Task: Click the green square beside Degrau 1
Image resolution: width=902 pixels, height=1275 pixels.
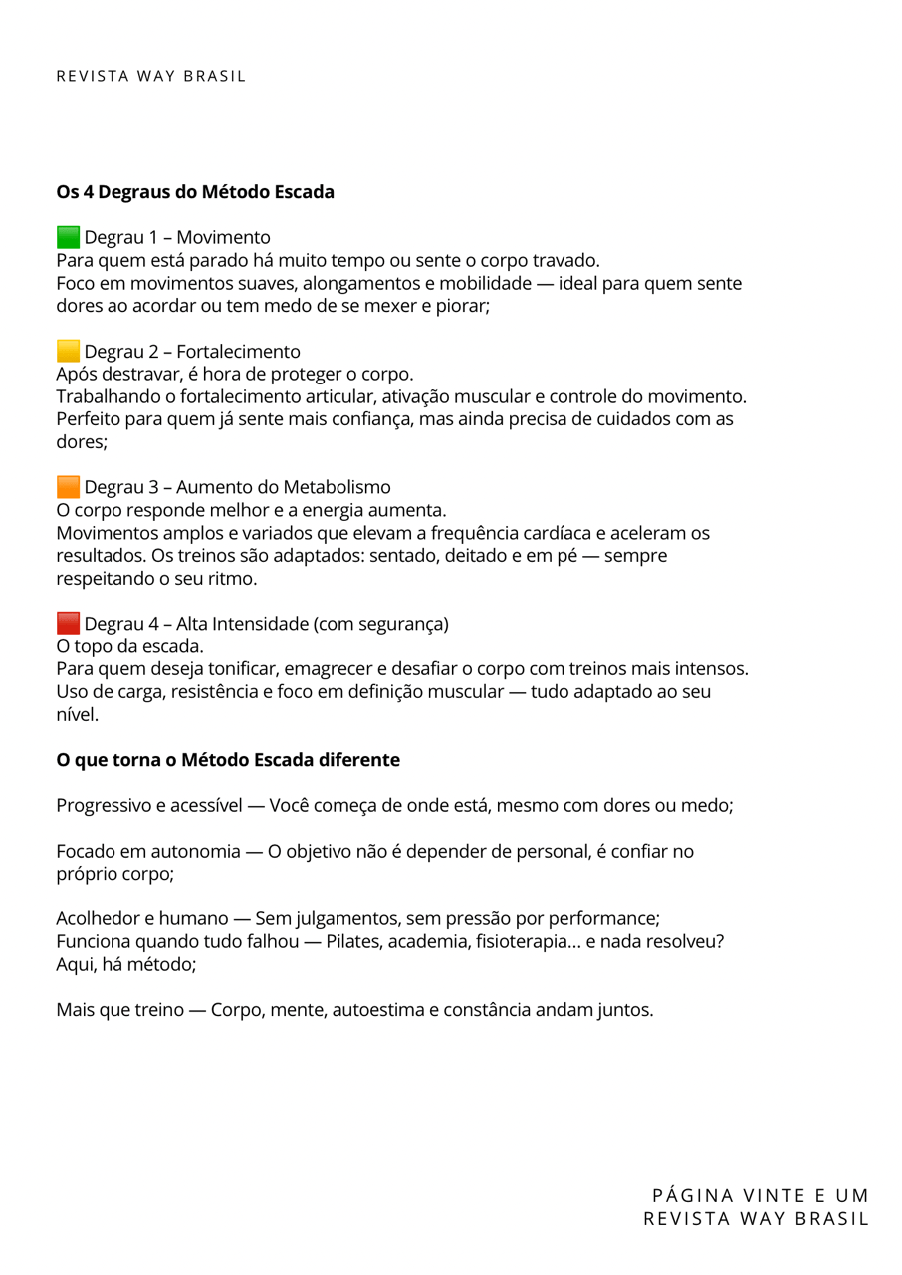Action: (x=68, y=237)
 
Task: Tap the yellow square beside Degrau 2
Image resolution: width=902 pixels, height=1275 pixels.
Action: (x=68, y=351)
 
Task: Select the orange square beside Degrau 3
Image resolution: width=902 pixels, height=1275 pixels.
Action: (x=68, y=487)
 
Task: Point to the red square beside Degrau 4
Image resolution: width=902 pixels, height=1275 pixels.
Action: (x=68, y=624)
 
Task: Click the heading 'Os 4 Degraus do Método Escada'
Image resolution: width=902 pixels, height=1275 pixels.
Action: (x=195, y=191)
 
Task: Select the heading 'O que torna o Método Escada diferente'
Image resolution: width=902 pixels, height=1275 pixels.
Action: (x=228, y=760)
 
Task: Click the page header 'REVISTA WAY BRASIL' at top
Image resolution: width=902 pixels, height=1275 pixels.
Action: (x=151, y=76)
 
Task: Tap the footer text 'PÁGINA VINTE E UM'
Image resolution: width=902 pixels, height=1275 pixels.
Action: (x=761, y=1195)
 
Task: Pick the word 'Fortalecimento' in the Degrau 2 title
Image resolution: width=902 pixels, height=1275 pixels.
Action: (x=238, y=352)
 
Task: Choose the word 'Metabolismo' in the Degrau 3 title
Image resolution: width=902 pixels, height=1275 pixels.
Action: (x=337, y=488)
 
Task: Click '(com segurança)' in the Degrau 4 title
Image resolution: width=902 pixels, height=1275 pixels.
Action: (x=380, y=625)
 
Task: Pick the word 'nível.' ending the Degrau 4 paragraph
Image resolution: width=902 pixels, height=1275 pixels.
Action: (x=77, y=715)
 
